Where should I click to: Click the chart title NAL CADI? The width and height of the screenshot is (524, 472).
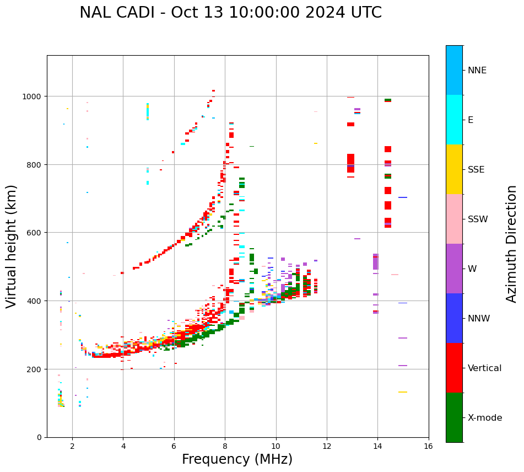[230, 13]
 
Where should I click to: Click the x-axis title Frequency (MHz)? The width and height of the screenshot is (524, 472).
[237, 459]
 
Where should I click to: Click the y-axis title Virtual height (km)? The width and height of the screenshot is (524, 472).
[12, 246]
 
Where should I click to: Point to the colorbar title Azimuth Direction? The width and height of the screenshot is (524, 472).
[512, 244]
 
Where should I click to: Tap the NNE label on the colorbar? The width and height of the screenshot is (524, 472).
[477, 70]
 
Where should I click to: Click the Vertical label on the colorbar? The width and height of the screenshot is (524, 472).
[485, 368]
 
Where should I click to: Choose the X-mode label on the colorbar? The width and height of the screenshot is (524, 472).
[485, 417]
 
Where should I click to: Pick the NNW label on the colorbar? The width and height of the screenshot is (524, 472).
[479, 318]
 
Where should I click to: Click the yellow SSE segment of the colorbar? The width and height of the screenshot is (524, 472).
[454, 169]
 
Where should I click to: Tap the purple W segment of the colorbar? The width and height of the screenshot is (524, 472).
[454, 269]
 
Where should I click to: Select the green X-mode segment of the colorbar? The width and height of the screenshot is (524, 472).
[454, 417]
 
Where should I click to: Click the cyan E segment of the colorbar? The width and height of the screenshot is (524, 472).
[454, 120]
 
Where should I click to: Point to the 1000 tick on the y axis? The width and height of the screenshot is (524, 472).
[34, 96]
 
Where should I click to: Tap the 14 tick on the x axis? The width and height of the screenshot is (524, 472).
[377, 446]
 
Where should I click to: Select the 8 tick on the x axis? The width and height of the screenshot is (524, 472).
[225, 446]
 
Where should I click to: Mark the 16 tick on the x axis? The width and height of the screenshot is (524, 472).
[428, 446]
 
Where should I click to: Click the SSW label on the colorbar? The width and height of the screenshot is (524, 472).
[478, 219]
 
